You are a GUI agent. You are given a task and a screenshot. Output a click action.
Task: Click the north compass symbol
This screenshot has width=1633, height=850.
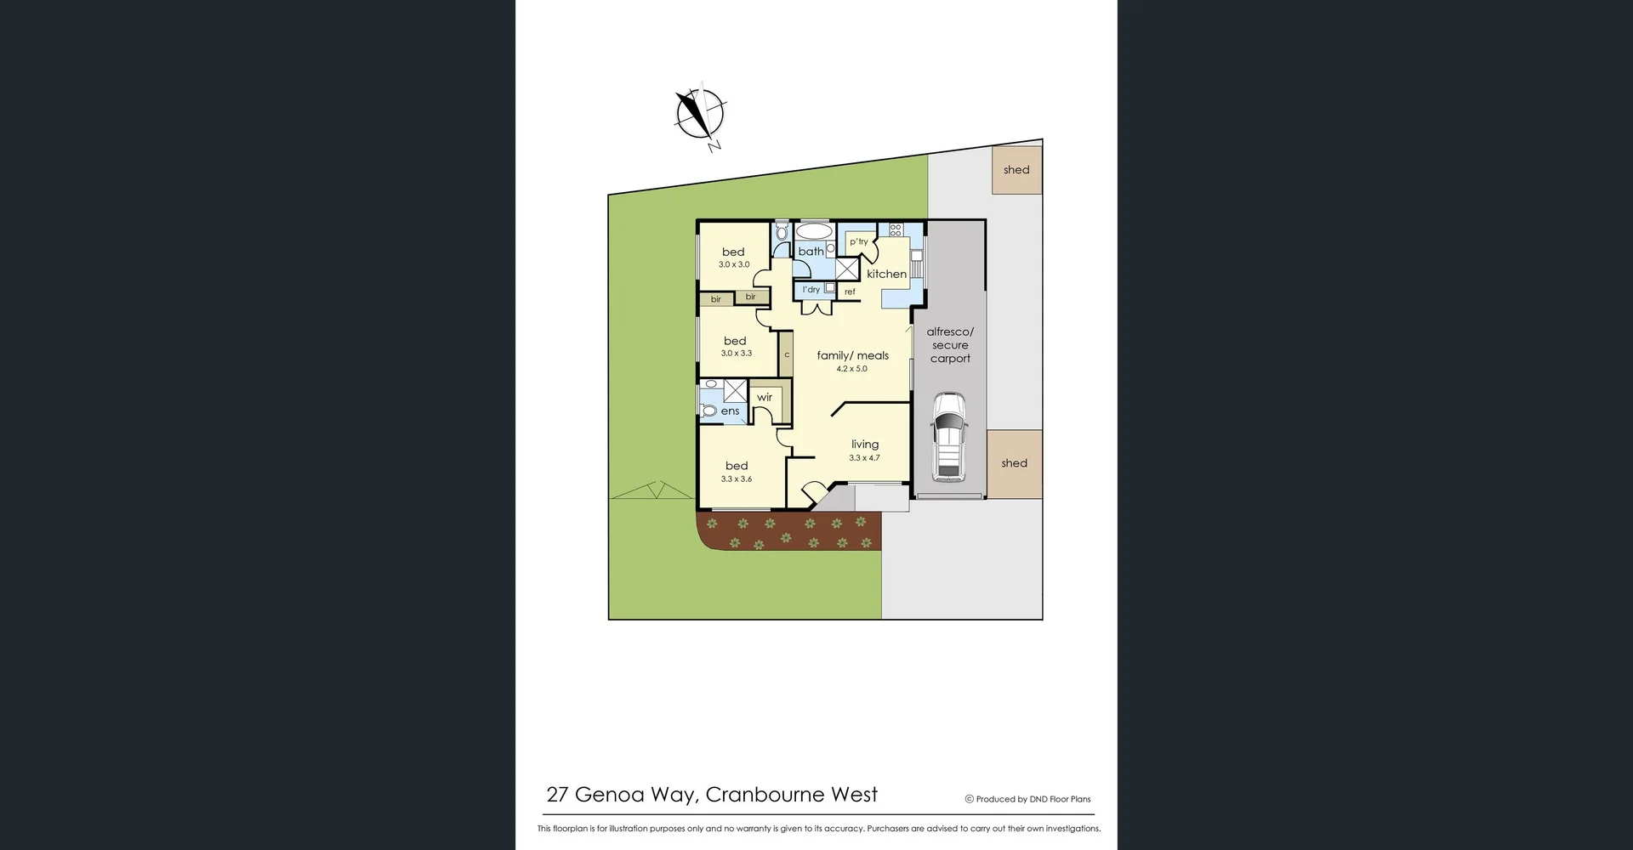click(x=700, y=114)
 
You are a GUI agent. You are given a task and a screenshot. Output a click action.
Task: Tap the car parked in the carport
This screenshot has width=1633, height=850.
click(x=948, y=436)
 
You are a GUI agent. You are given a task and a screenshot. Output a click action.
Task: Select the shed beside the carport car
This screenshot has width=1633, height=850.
click(x=1014, y=463)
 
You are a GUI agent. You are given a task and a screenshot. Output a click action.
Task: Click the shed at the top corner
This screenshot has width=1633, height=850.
click(x=1016, y=170)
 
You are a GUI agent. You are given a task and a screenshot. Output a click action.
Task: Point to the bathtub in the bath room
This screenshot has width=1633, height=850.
click(x=814, y=231)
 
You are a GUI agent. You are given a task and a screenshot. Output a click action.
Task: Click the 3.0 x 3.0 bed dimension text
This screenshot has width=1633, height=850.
click(x=734, y=264)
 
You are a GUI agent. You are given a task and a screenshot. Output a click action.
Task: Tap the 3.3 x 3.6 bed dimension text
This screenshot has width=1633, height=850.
click(x=737, y=479)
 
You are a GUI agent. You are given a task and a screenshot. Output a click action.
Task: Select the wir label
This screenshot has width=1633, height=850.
click(x=765, y=397)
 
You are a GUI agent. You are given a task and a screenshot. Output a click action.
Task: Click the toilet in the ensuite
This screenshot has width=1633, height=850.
click(x=709, y=411)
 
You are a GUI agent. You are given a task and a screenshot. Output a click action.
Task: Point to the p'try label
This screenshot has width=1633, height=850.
click(x=859, y=241)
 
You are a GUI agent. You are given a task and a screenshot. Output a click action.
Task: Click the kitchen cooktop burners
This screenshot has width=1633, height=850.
click(x=895, y=229)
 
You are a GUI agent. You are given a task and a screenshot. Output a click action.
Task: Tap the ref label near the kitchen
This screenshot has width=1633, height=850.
click(x=850, y=292)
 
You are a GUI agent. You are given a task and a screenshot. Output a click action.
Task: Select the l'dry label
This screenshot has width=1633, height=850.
click(x=811, y=290)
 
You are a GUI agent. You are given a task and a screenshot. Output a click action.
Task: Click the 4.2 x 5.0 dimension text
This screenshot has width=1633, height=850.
click(x=851, y=369)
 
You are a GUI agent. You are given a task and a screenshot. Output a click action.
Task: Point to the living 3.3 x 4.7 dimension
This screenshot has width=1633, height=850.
click(x=864, y=458)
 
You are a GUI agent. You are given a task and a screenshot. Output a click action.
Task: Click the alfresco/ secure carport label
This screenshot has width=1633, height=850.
click(x=950, y=345)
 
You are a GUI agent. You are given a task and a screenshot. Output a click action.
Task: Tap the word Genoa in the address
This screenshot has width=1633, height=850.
click(x=609, y=795)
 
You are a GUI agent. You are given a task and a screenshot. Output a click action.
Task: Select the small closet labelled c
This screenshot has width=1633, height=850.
click(x=787, y=354)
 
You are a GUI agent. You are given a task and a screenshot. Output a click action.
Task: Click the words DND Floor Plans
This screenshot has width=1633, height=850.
click(x=1060, y=799)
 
